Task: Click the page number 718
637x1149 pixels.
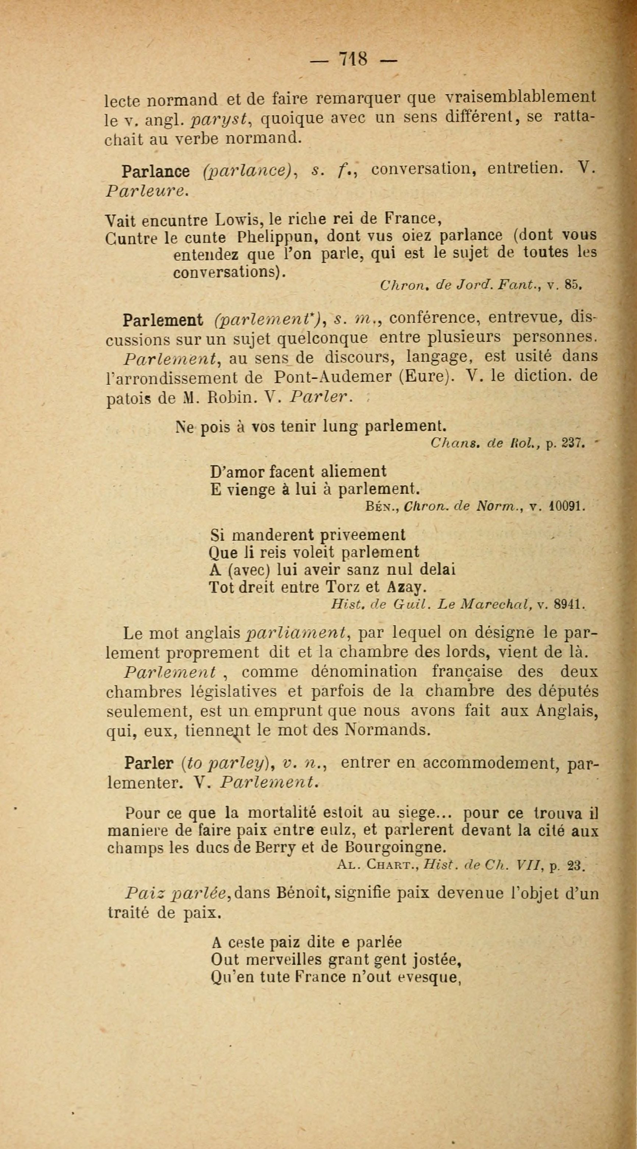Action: coord(353,59)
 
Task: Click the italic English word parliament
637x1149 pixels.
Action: coord(297,633)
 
